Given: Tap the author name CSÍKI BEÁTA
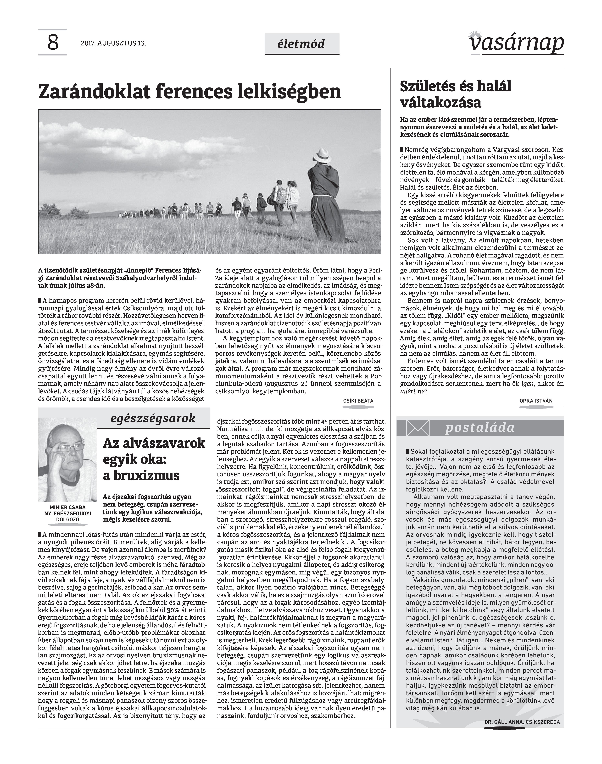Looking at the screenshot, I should pyautogui.click(x=358, y=401).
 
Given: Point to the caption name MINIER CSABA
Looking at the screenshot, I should pyautogui.click(x=67, y=507).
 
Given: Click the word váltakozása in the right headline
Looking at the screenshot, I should pyautogui.click(x=440, y=103).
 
